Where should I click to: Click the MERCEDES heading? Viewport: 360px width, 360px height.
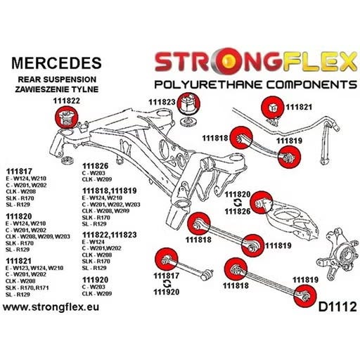click(x=56, y=63)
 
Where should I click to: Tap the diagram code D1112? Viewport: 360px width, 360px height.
click(x=337, y=307)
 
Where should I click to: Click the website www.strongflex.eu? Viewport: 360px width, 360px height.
click(x=51, y=307)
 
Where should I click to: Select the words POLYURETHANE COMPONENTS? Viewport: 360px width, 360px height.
click(x=256, y=84)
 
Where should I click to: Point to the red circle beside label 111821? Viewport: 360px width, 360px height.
click(x=273, y=107)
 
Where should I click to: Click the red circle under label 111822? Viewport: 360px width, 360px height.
click(x=66, y=117)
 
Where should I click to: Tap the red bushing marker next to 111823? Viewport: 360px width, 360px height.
click(x=188, y=104)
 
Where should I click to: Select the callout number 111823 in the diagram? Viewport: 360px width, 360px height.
click(x=162, y=102)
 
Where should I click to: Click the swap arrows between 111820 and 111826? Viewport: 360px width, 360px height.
click(x=238, y=202)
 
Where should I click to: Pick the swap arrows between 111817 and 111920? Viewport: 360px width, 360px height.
click(x=167, y=284)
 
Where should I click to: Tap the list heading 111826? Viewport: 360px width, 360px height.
click(x=95, y=166)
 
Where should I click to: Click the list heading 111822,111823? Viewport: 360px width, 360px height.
click(x=109, y=235)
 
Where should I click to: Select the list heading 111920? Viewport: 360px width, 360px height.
click(x=95, y=280)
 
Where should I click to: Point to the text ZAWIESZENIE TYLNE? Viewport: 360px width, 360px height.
click(x=56, y=89)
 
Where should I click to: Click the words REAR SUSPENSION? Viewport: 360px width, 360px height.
click(x=57, y=79)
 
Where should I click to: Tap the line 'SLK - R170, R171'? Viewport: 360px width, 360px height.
click(x=27, y=288)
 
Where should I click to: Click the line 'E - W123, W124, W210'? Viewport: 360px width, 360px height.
click(x=34, y=268)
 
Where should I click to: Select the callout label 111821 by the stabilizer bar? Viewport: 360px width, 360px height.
click(x=299, y=107)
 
